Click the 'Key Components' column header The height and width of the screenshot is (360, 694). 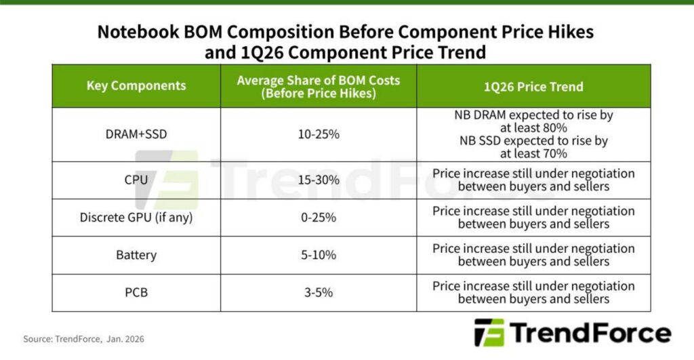pos(136,86)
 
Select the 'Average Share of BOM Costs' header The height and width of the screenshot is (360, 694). pos(318,87)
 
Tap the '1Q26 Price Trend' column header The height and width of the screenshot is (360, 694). pos(533,87)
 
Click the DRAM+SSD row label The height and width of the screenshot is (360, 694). pos(136,134)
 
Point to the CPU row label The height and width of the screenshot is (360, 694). pos(136,180)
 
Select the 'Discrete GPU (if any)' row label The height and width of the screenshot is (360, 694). pos(136,218)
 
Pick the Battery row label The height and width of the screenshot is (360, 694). pos(136,255)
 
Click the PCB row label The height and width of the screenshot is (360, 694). pos(136,293)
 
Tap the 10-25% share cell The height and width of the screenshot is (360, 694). pos(319,134)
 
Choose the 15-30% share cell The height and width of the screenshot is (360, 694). pos(319,180)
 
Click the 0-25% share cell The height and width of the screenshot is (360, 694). pos(319,218)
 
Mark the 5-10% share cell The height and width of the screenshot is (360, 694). pos(319,255)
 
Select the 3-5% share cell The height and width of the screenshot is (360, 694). pos(319,293)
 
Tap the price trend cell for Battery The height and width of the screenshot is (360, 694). pos(533,255)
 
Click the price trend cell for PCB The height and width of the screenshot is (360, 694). pos(533,293)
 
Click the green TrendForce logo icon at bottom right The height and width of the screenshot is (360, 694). pos(489,333)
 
